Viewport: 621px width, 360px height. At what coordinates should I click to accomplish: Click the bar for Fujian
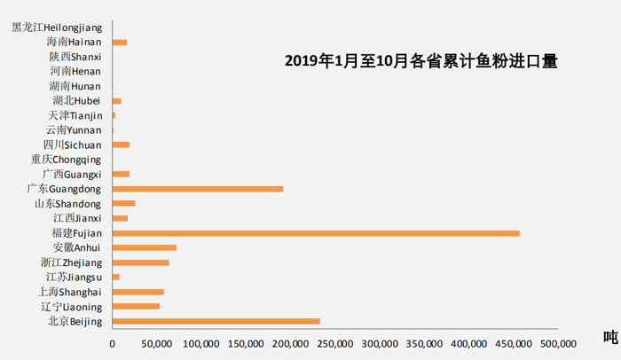click(x=316, y=233)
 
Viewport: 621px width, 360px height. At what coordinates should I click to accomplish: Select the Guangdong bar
click(x=198, y=189)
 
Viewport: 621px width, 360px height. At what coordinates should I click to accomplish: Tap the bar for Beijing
click(x=216, y=321)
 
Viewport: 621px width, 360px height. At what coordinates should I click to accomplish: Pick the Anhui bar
click(x=145, y=247)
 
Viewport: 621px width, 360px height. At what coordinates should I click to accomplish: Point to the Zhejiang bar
click(x=140, y=262)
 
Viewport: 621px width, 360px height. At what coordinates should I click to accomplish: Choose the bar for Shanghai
click(x=138, y=292)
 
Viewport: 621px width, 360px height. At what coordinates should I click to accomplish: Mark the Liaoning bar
click(x=136, y=306)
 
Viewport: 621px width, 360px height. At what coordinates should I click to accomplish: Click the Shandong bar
click(x=124, y=203)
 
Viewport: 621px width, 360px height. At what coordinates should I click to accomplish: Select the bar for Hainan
click(x=120, y=42)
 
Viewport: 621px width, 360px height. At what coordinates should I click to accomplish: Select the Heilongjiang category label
click(x=57, y=27)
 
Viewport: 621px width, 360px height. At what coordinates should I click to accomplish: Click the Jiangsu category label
click(x=75, y=277)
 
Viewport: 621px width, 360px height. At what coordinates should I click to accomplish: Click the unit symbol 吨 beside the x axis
click(x=609, y=337)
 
